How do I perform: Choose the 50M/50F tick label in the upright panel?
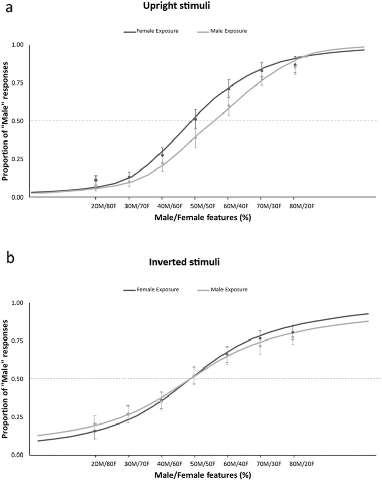tap(195, 207)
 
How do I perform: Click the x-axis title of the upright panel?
tap(195, 217)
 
